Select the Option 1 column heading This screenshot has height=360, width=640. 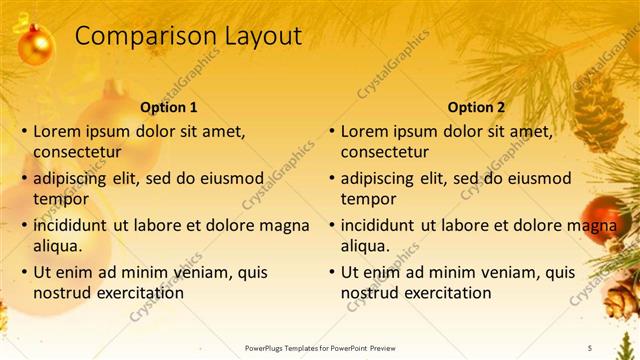[169, 107]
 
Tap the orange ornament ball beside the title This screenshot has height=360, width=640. [36, 45]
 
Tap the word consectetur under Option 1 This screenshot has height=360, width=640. [77, 153]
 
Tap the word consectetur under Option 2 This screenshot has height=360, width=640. [385, 153]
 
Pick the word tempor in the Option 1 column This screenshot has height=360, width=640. [61, 199]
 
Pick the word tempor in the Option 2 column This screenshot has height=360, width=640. [369, 199]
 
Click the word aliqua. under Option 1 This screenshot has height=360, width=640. [58, 246]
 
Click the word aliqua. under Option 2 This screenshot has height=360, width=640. [366, 246]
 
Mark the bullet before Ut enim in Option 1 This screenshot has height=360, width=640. [23, 272]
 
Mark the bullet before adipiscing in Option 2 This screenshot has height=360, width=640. [331, 179]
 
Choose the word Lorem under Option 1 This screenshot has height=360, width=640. [56, 131]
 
